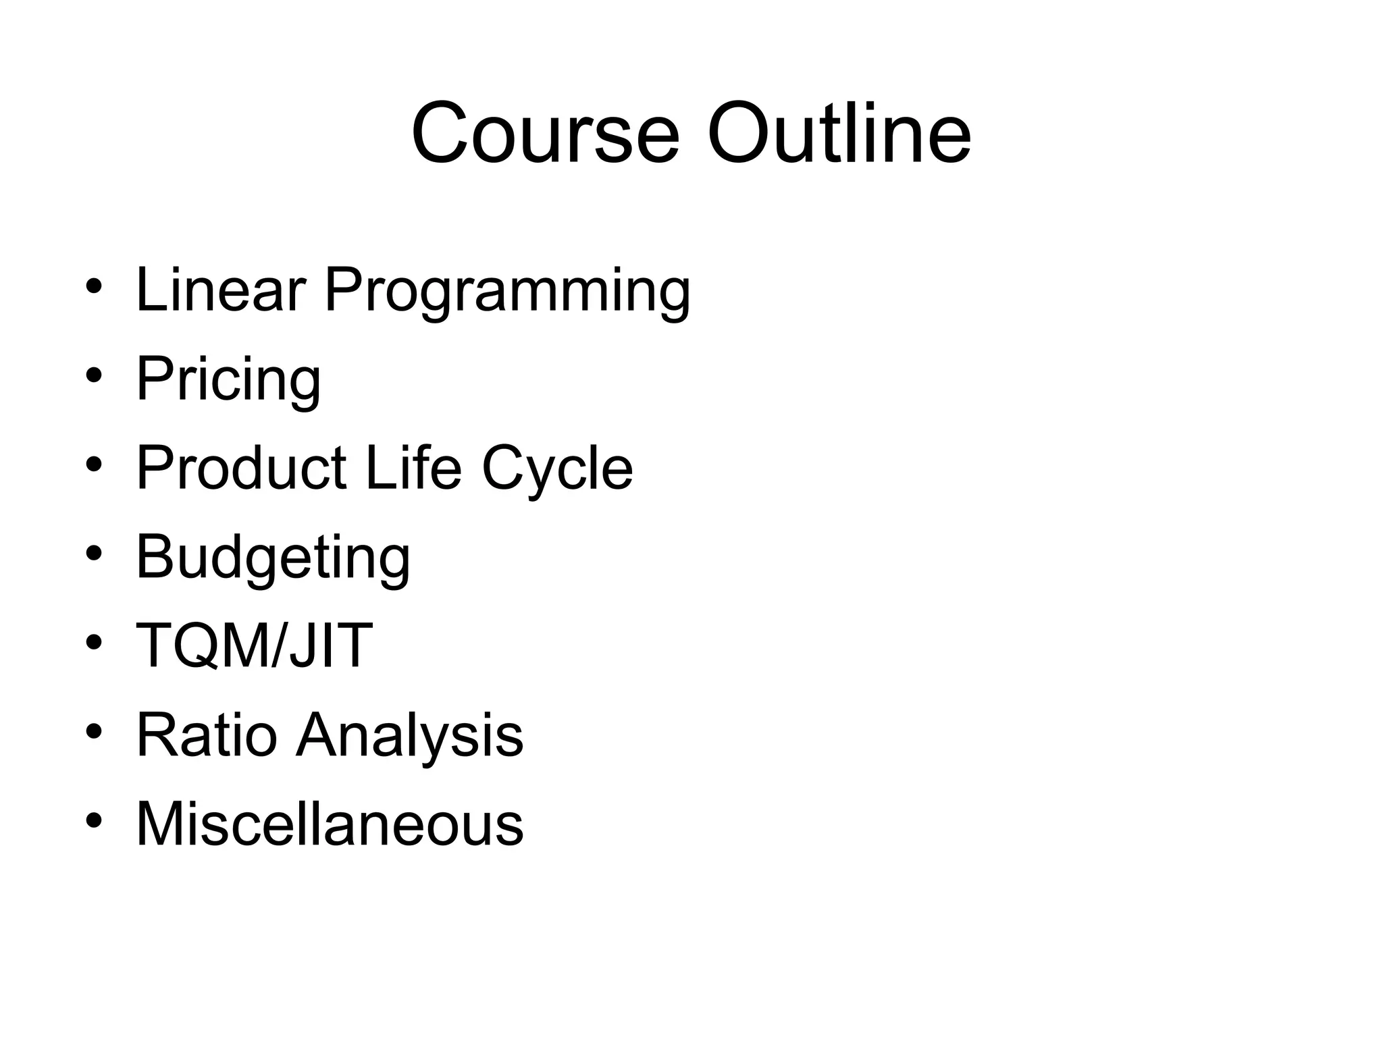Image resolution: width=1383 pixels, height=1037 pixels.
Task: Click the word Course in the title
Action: click(x=544, y=133)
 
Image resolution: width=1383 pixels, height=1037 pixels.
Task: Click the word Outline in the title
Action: click(x=839, y=133)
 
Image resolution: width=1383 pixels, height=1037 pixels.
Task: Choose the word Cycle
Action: click(x=557, y=471)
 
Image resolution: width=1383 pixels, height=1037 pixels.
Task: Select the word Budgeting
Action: click(x=273, y=559)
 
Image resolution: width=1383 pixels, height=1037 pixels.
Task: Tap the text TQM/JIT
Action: click(x=254, y=645)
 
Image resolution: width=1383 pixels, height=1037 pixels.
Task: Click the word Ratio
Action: click(x=207, y=735)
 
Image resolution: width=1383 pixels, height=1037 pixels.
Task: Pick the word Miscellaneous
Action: click(x=330, y=824)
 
